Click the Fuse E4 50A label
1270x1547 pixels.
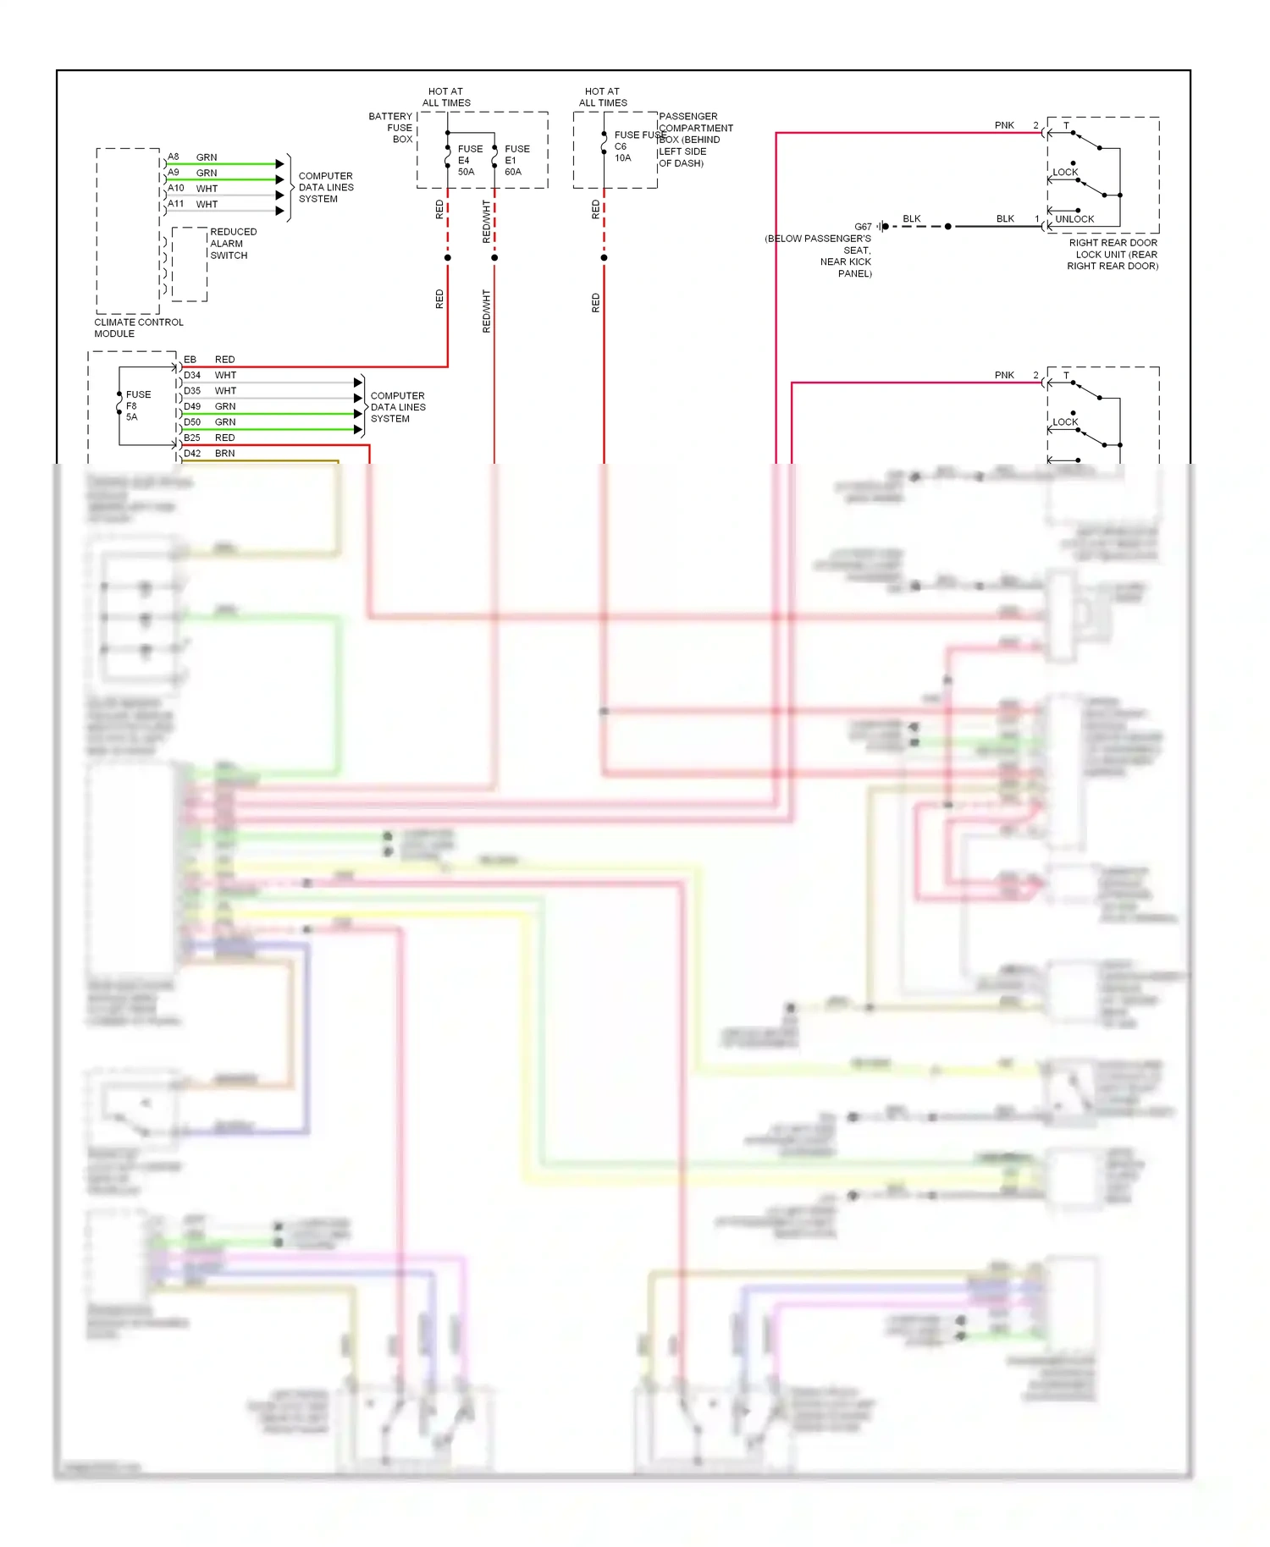[x=469, y=160]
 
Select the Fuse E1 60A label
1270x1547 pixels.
[x=516, y=160]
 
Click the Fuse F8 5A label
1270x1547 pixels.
[x=137, y=405]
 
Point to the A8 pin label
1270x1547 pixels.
[x=174, y=157]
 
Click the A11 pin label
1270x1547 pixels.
[x=175, y=204]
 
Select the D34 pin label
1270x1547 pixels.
[x=192, y=375]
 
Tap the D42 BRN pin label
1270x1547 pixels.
[x=208, y=454]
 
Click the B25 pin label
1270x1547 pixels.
[x=192, y=438]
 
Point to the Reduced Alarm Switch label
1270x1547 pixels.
[x=232, y=244]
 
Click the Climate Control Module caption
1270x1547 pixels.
[x=138, y=328]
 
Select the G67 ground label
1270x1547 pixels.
[x=863, y=227]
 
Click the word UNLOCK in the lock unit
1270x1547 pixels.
[x=1074, y=219]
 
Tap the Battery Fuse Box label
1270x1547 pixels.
[x=391, y=128]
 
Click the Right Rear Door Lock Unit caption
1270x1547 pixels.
[x=1113, y=254]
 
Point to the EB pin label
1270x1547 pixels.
[x=190, y=360]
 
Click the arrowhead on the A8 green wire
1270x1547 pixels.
[x=279, y=164]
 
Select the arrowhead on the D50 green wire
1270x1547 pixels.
[x=357, y=430]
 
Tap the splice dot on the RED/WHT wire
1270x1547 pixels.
[x=494, y=257]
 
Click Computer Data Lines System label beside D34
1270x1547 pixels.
[x=398, y=407]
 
